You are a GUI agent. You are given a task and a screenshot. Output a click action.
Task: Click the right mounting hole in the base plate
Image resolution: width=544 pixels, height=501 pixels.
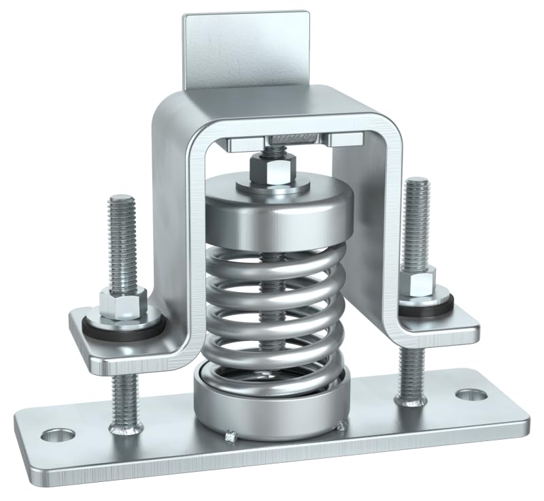click(467, 395)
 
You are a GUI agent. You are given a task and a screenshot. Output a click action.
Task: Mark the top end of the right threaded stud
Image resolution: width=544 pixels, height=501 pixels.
click(416, 183)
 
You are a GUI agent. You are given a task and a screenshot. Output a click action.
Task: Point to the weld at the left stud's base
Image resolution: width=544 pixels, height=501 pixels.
click(126, 427)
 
